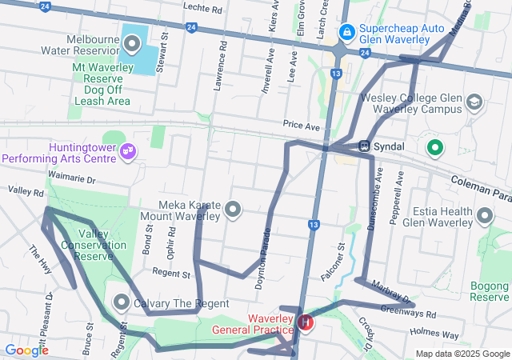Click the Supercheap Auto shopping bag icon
[x=346, y=32]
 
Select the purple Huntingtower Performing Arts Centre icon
[x=127, y=150]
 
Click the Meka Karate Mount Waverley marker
[x=233, y=210]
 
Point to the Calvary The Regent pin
[x=122, y=302]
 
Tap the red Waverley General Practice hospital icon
[x=305, y=323]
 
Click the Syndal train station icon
[x=364, y=147]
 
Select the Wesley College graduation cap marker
[x=474, y=102]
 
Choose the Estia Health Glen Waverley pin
[x=484, y=215]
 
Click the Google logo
[x=26, y=350]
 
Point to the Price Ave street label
[x=301, y=126]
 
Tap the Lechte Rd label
[x=202, y=9]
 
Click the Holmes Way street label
[x=434, y=334]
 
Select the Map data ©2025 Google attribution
[x=462, y=354]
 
